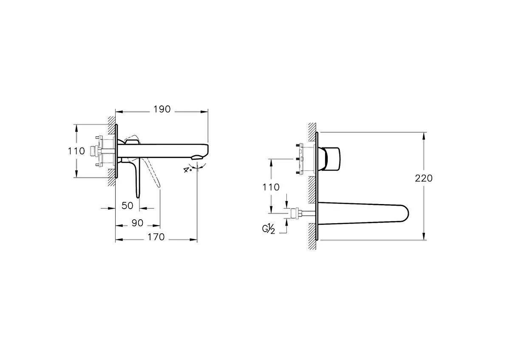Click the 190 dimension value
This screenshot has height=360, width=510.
(x=161, y=109)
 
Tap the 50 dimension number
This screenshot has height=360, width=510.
(x=127, y=205)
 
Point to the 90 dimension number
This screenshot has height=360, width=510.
(x=137, y=223)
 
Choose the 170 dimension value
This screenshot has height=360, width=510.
(x=156, y=237)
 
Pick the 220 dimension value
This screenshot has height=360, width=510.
(x=423, y=178)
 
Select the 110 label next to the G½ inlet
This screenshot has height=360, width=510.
(x=271, y=187)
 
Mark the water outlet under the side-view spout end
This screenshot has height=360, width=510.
(x=196, y=158)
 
